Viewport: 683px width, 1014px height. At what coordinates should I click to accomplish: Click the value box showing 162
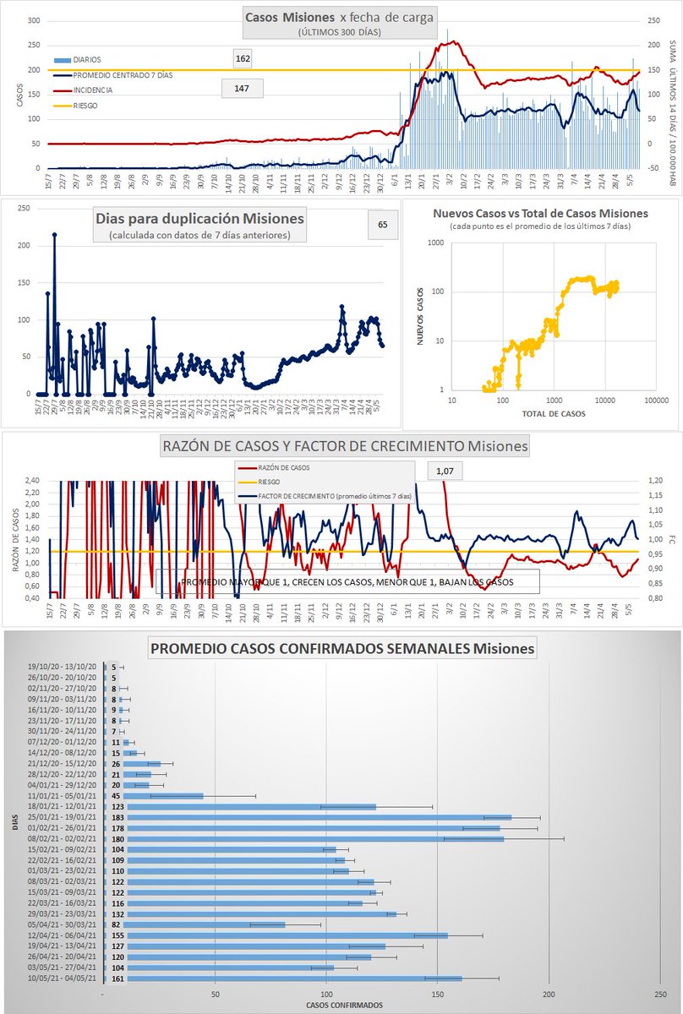click(243, 59)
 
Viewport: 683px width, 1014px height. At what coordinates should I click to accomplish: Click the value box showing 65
click(383, 225)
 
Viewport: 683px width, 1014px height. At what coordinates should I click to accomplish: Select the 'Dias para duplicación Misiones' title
click(199, 218)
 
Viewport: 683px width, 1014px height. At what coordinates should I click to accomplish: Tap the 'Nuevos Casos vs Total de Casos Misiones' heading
click(541, 213)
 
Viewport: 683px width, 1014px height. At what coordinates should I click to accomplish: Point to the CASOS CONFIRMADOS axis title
click(344, 1005)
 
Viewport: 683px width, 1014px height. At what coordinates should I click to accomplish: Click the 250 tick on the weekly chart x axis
click(659, 993)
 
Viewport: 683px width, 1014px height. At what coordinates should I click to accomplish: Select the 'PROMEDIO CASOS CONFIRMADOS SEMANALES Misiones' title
click(341, 649)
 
